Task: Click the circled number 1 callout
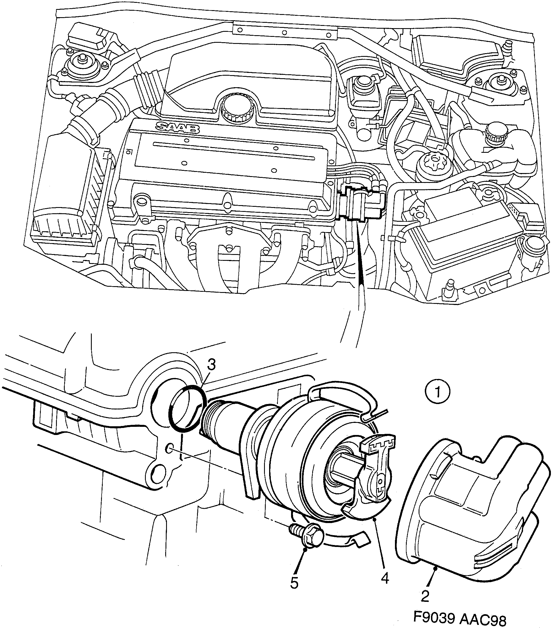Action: (x=437, y=392)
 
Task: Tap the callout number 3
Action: (x=211, y=365)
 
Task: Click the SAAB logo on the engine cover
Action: (x=178, y=127)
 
